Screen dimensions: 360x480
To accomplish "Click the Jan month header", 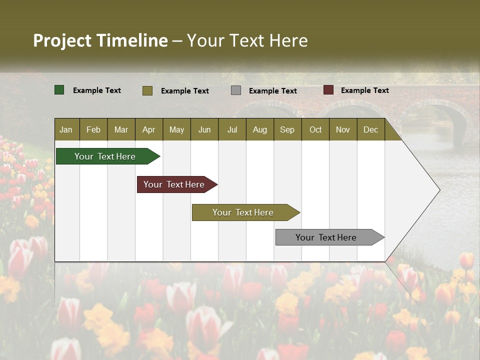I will (66, 129).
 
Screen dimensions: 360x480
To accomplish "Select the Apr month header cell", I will (148, 129).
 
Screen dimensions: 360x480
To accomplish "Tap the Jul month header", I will (232, 129).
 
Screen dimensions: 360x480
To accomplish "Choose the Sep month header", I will (287, 129).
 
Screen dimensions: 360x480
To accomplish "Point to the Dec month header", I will (370, 129).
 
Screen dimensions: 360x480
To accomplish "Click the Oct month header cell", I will (315, 129).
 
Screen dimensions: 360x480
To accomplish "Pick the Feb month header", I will (93, 129).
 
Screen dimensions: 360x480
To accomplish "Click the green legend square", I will (59, 90).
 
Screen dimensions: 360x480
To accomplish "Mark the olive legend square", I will (147, 90).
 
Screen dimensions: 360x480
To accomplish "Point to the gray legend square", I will (236, 90).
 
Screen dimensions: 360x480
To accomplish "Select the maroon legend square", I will (328, 90).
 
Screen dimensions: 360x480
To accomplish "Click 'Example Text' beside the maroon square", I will (364, 90).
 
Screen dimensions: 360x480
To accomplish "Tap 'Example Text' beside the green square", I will (97, 90).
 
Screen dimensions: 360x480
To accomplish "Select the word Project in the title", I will (62, 40).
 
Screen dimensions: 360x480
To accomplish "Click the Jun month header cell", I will (204, 129).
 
